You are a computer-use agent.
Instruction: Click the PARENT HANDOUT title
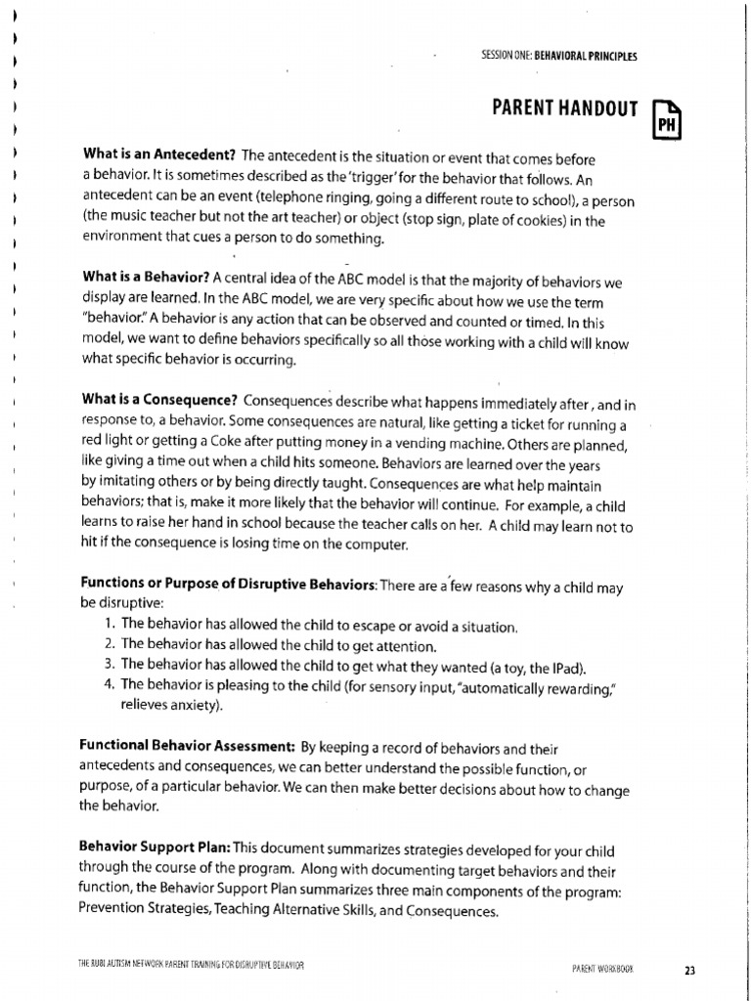564,109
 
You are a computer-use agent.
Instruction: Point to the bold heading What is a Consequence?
160,400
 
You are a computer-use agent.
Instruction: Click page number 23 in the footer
689,970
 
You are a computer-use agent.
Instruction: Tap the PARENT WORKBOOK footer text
602,969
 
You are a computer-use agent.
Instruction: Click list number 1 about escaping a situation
109,625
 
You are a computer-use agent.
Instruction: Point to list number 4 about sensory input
109,684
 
